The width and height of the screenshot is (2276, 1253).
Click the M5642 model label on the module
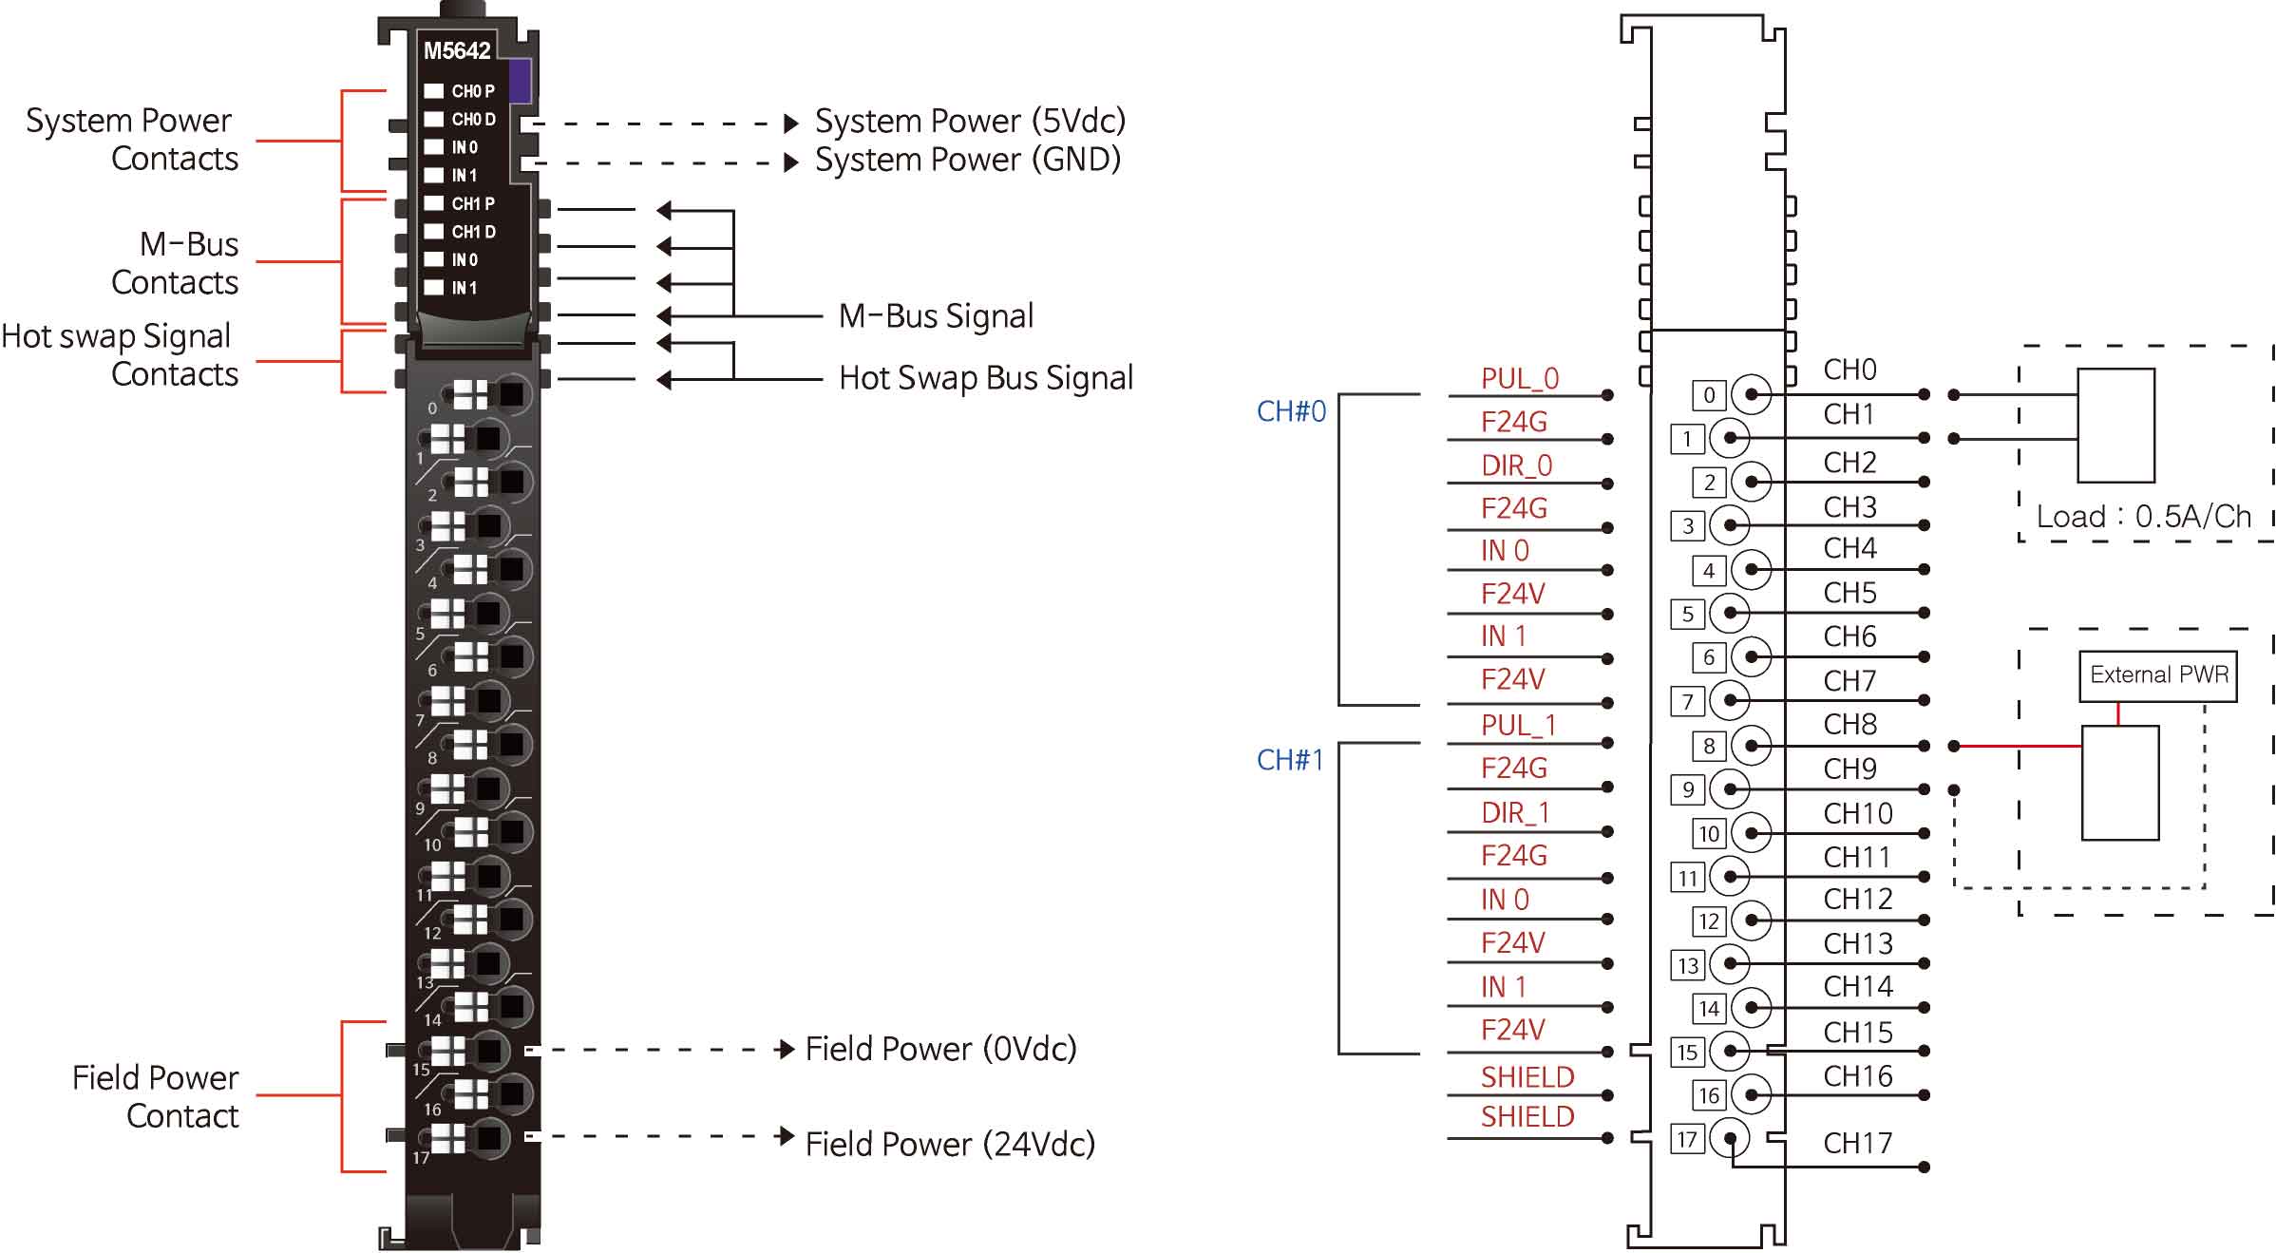(x=457, y=50)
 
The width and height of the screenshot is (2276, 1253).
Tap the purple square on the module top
(x=520, y=81)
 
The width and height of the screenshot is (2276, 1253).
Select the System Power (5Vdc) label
(x=970, y=122)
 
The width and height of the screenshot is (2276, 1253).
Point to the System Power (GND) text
(x=967, y=160)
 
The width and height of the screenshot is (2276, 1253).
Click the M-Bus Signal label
(x=936, y=316)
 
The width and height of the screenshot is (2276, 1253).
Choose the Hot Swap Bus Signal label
(x=985, y=378)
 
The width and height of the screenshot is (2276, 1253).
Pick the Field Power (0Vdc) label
(x=940, y=1049)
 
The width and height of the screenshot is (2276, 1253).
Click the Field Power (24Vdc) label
(x=950, y=1144)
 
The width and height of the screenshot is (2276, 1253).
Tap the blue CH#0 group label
(x=1291, y=411)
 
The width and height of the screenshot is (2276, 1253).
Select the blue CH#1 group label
(x=1290, y=760)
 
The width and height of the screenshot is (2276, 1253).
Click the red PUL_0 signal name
(x=1520, y=379)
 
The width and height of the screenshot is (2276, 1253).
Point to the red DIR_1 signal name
(x=1515, y=813)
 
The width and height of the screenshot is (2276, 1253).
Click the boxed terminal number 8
(x=1709, y=747)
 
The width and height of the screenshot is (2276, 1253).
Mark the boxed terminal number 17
(x=1687, y=1139)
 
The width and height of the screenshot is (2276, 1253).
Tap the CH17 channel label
(x=1857, y=1143)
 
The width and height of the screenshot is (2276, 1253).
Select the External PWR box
(x=2158, y=675)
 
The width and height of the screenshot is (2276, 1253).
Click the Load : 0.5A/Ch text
(x=2144, y=517)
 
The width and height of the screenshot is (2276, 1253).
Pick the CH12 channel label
(x=1857, y=899)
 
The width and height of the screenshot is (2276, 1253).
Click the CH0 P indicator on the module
(x=462, y=91)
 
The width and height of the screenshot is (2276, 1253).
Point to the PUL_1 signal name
(x=1518, y=726)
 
